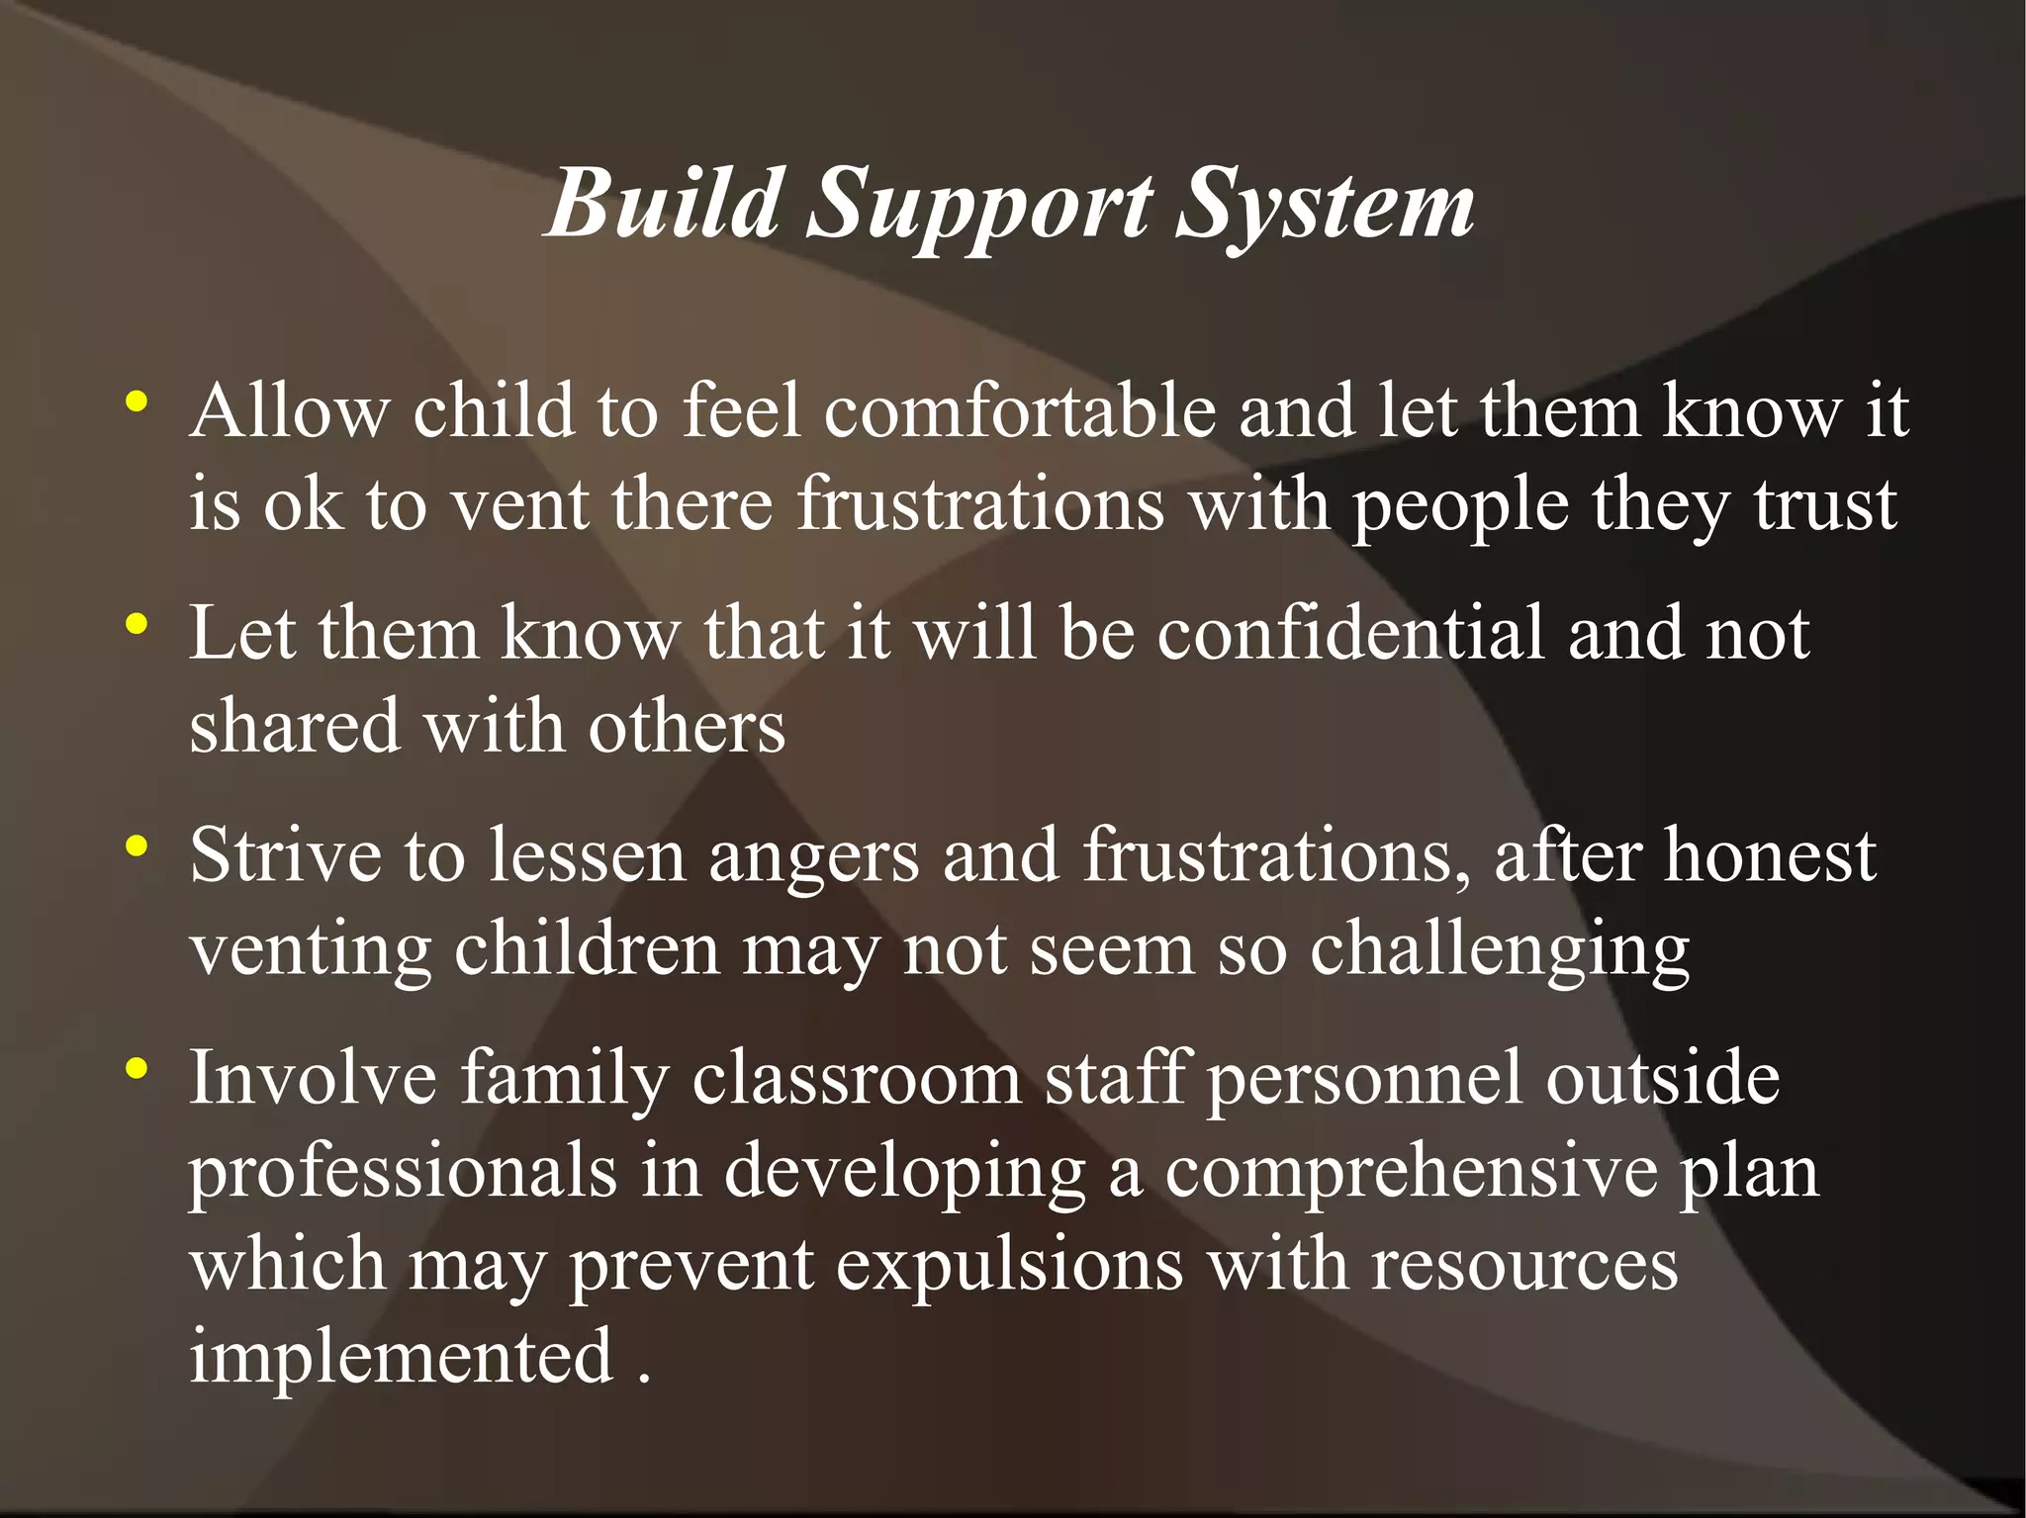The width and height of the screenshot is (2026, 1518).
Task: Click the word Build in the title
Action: [x=665, y=204]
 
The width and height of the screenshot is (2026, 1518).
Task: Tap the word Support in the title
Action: [x=979, y=208]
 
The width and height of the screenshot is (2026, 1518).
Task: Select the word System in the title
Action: [x=1325, y=208]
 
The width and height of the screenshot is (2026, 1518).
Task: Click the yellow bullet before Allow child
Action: [x=137, y=402]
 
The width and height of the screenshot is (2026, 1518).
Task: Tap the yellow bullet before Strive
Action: [x=137, y=847]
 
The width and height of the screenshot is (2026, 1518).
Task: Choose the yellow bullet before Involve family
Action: [x=137, y=1068]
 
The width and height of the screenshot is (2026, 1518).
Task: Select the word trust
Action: [x=1825, y=504]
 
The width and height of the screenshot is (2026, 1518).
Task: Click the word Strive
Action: [x=285, y=854]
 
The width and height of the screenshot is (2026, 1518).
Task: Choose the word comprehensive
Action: [x=1411, y=1173]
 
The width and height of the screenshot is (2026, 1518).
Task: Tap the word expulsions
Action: [x=1009, y=1267]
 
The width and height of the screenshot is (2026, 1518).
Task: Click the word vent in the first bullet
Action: [x=520, y=504]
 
